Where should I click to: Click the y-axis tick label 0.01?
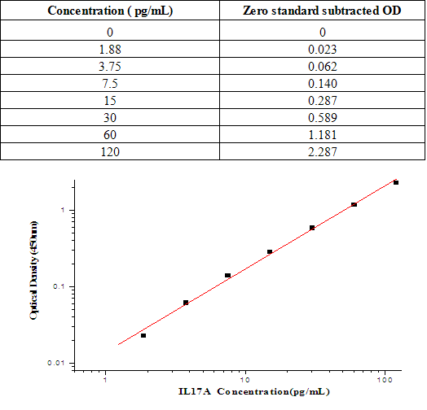[x=55, y=364]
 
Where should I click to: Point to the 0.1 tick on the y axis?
[x=58, y=287]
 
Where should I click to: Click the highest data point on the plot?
[x=396, y=182]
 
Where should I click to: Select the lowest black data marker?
[x=143, y=335]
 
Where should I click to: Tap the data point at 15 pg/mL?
[x=270, y=252]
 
